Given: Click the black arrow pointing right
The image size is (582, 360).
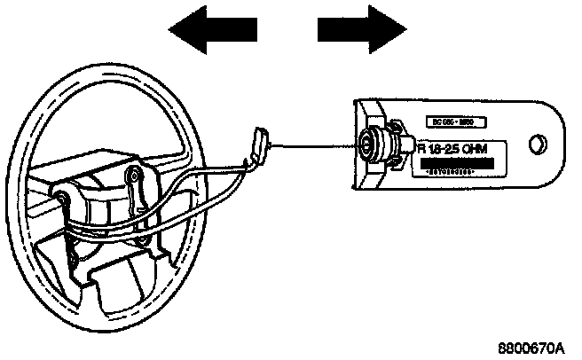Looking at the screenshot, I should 356,32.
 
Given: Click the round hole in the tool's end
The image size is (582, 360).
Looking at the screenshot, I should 536,144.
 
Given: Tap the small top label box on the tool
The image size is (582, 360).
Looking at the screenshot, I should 452,119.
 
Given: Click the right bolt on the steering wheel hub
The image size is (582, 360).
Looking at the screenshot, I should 134,173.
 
